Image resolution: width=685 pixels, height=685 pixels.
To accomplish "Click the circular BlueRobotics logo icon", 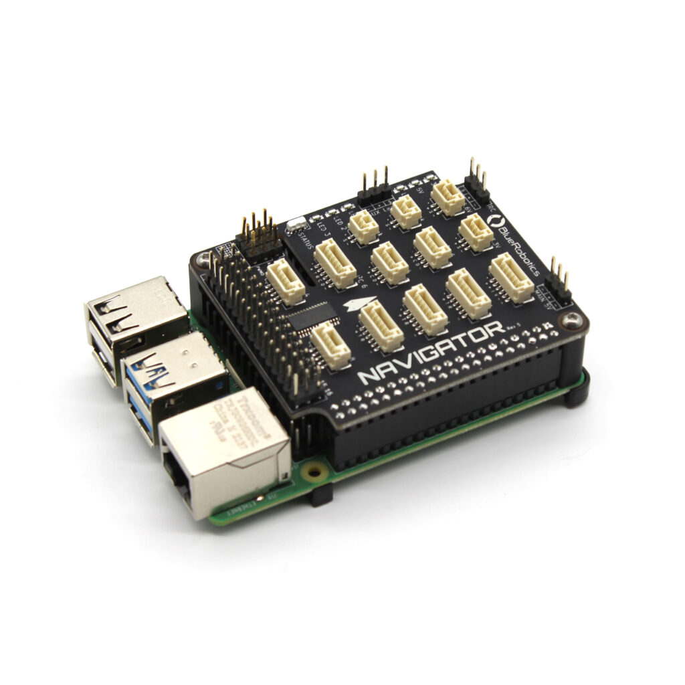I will coord(496,221).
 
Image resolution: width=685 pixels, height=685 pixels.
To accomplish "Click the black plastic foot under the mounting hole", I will coord(321,494).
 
